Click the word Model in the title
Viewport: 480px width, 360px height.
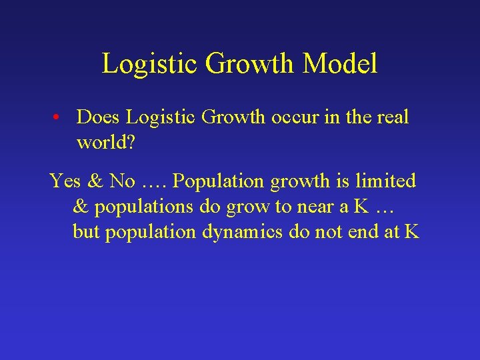pyautogui.click(x=340, y=64)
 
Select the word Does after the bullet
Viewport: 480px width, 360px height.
pyautogui.click(x=99, y=117)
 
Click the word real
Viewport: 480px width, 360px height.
pyautogui.click(x=393, y=117)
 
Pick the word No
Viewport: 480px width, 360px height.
pyautogui.click(x=123, y=181)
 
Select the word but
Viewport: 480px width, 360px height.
pyautogui.click(x=85, y=232)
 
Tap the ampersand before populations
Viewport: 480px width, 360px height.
pyautogui.click(x=80, y=207)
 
